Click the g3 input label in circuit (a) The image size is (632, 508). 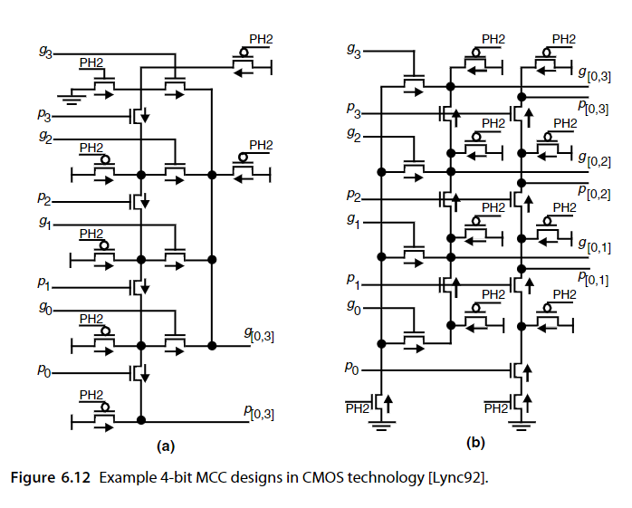pyautogui.click(x=46, y=52)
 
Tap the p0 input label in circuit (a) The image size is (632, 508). pyautogui.click(x=44, y=370)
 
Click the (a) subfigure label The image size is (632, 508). pyautogui.click(x=166, y=446)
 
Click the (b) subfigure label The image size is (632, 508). pyautogui.click(x=475, y=443)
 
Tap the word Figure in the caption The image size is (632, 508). pyautogui.click(x=33, y=478)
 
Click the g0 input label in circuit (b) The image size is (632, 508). pyautogui.click(x=354, y=308)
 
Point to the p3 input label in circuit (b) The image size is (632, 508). pyautogui.click(x=353, y=110)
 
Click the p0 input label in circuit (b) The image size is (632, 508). pyautogui.click(x=351, y=369)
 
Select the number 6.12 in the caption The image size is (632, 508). pyautogui.click(x=76, y=478)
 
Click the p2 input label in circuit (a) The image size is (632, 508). pyautogui.click(x=44, y=199)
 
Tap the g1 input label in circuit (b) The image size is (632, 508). pyautogui.click(x=353, y=221)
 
